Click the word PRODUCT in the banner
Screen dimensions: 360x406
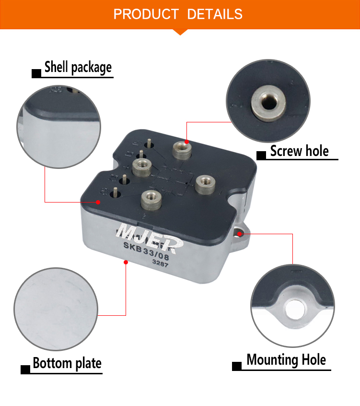pos(146,14)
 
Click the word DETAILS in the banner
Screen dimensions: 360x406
pos(215,14)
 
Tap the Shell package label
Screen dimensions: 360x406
pos(78,67)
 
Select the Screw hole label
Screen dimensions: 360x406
pos(300,151)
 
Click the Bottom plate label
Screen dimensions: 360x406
pos(67,363)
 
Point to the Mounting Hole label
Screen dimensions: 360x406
pos(286,359)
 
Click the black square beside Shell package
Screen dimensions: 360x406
pos(36,73)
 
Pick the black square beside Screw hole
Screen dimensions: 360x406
pos(261,155)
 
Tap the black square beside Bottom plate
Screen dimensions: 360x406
pos(25,370)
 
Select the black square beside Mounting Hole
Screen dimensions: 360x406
pos(237,366)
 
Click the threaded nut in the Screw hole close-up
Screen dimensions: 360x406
pos(269,103)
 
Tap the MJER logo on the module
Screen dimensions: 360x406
pos(150,238)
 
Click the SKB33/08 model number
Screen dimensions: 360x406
pos(146,251)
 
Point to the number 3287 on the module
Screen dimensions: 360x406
pos(160,263)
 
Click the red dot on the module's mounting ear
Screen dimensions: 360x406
pos(240,234)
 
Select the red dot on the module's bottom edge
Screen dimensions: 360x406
pos(126,263)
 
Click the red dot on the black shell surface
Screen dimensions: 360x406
pos(98,202)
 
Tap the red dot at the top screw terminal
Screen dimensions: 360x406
pos(187,142)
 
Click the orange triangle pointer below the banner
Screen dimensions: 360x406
pos(180,32)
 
